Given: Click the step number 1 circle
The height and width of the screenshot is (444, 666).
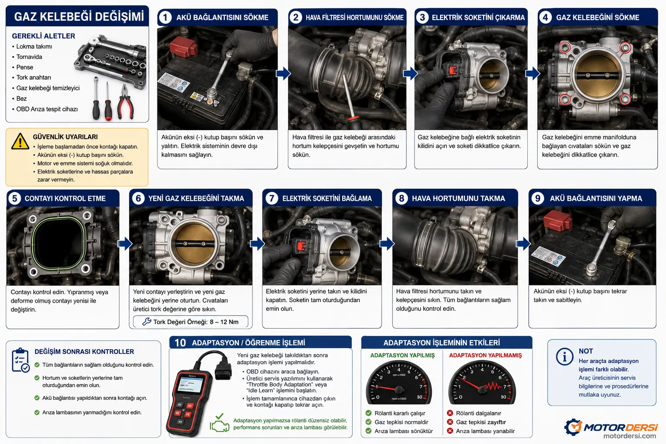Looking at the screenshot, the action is (x=165, y=17).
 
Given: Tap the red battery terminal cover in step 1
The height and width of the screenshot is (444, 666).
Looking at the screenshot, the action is (x=183, y=47).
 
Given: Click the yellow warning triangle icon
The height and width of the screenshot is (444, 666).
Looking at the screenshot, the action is (x=20, y=141).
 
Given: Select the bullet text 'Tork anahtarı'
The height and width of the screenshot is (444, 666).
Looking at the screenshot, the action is (x=33, y=77).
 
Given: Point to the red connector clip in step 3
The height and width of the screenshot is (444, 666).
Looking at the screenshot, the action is (x=453, y=70).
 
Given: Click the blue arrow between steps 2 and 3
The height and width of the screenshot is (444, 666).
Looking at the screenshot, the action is (x=410, y=73).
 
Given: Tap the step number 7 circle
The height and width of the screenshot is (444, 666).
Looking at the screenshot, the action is (x=271, y=198).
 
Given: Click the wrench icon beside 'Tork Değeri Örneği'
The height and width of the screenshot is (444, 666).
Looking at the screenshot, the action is (x=147, y=321).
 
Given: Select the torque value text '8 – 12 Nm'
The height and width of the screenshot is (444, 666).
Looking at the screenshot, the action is (x=224, y=322).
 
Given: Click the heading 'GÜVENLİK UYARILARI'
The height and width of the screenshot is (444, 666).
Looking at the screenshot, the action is (x=65, y=137).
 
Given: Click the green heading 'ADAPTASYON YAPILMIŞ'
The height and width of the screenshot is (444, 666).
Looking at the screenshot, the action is (x=402, y=356).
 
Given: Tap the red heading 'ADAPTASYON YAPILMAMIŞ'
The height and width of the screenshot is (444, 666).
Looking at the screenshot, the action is (x=485, y=356).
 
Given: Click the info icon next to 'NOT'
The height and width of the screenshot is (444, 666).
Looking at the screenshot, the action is (x=564, y=356).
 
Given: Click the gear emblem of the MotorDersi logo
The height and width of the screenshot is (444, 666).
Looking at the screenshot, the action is (x=573, y=427).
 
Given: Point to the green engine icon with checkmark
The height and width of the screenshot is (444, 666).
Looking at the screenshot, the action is (x=219, y=423).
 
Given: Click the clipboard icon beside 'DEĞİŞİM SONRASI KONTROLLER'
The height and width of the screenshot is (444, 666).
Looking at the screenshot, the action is (x=20, y=360).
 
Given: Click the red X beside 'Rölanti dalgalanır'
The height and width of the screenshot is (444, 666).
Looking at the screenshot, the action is (x=450, y=413).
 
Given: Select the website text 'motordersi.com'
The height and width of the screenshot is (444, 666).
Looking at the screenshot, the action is (x=630, y=436).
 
